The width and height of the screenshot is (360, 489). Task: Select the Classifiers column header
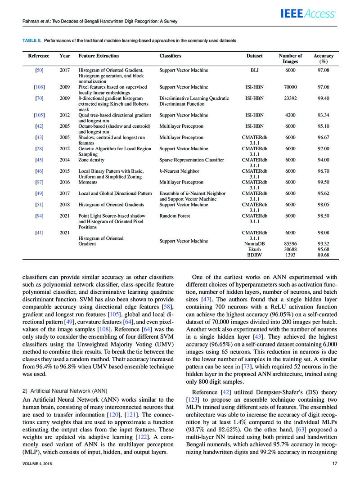pyautogui.click(x=171, y=56)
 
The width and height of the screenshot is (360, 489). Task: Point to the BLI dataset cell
pyautogui.click(x=255, y=70)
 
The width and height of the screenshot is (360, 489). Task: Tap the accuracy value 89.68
pyautogui.click(x=323, y=255)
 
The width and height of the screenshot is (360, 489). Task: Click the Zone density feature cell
pyautogui.click(x=91, y=160)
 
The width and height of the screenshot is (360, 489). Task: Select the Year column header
pyautogui.click(x=64, y=56)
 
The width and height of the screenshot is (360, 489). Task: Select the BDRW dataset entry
pyautogui.click(x=254, y=255)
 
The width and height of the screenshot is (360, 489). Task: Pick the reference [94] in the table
pyautogui.click(x=39, y=216)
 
